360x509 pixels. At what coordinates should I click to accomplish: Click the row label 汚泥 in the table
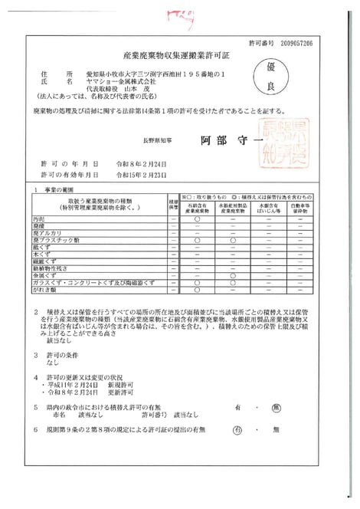[55, 219]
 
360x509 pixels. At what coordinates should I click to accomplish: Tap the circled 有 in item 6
[237, 429]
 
